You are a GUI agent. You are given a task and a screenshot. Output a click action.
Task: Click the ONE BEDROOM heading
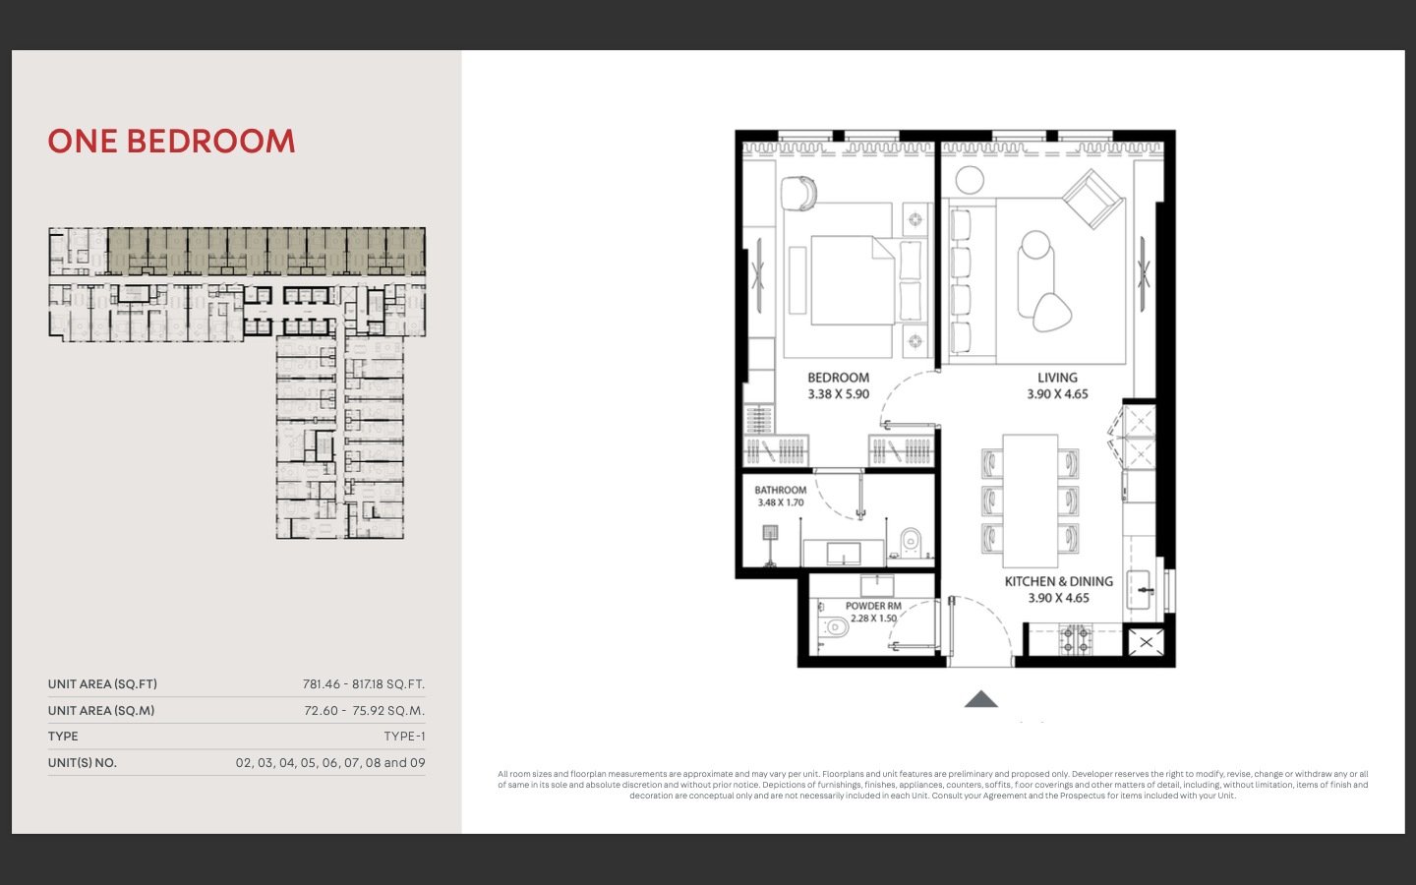pyautogui.click(x=171, y=141)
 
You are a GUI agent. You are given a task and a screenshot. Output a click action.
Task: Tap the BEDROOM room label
pyautogui.click(x=838, y=378)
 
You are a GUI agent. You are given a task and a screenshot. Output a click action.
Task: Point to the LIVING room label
pyautogui.click(x=1057, y=378)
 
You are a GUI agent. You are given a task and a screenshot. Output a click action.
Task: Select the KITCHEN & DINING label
pyautogui.click(x=1059, y=581)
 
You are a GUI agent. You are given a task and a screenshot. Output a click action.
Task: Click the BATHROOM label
pyautogui.click(x=780, y=490)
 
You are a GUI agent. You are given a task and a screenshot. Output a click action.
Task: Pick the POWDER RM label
pyautogui.click(x=873, y=606)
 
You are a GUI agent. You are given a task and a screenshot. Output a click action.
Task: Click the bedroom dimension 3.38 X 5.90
pyautogui.click(x=838, y=393)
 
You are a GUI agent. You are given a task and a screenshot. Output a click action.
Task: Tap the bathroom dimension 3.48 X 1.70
pyautogui.click(x=781, y=502)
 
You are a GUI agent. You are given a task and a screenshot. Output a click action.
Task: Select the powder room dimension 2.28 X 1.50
pyautogui.click(x=873, y=619)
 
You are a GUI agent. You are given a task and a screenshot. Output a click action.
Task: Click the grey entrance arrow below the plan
pyautogui.click(x=981, y=699)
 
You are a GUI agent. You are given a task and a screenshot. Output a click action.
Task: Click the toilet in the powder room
pyautogui.click(x=834, y=626)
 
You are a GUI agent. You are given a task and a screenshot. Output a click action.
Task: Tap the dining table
pyautogui.click(x=1030, y=501)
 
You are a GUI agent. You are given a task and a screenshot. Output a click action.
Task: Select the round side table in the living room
pyautogui.click(x=970, y=180)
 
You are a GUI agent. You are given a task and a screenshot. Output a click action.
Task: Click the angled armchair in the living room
pyautogui.click(x=1093, y=199)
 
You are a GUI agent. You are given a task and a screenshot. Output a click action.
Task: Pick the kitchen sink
pyautogui.click(x=1139, y=590)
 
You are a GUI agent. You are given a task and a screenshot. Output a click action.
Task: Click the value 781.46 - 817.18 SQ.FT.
pyautogui.click(x=364, y=684)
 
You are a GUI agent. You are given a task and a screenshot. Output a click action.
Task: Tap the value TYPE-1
pyautogui.click(x=404, y=737)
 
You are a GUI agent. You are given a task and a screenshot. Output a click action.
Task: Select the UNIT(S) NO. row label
pyautogui.click(x=83, y=763)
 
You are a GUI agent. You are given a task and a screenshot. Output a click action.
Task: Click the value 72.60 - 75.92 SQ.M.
pyautogui.click(x=364, y=711)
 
